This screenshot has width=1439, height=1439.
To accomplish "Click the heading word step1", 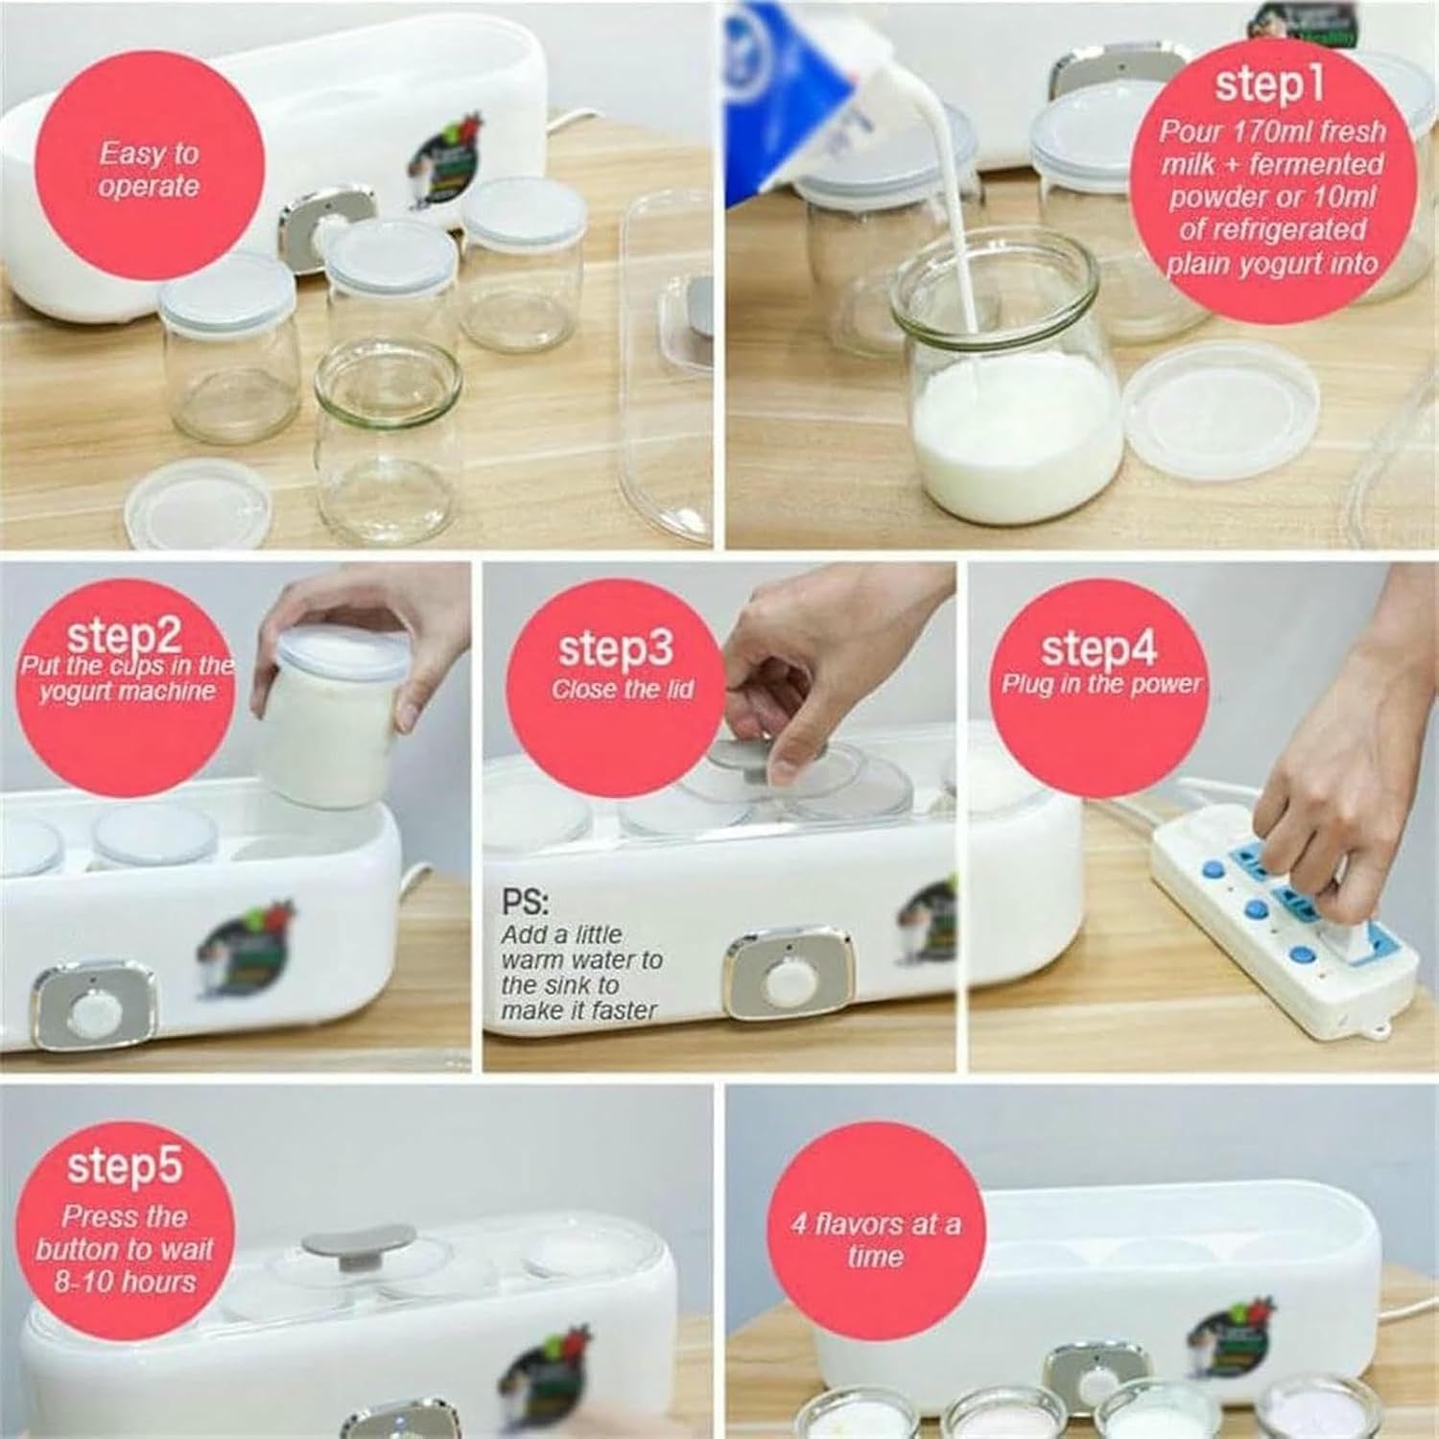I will (x=1269, y=84).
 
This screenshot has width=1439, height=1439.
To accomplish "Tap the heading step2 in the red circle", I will (x=124, y=636).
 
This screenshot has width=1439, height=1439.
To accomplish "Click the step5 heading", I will (x=124, y=1166).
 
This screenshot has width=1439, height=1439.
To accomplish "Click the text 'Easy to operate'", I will (x=149, y=170).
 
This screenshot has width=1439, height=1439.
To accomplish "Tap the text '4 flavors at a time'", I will (x=875, y=1239).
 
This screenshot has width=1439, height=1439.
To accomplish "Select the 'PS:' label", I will (x=525, y=902).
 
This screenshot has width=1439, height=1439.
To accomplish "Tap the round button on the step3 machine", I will (x=787, y=979).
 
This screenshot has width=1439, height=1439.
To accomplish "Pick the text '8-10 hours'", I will (x=125, y=1282).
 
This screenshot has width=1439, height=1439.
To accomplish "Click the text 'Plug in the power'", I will (x=1101, y=684).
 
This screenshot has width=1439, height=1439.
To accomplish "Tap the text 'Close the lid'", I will (x=622, y=689).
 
